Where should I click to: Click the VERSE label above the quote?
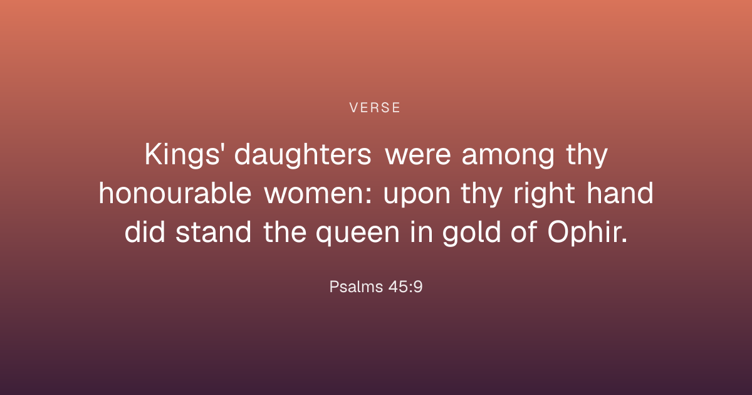pos(375,108)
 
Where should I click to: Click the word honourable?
pos(175,194)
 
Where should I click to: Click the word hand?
pos(620,193)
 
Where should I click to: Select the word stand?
pos(213,232)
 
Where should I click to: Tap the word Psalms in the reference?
pos(357,287)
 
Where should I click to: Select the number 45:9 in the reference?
pos(405,287)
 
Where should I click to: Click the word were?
pos(418,156)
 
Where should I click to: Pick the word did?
pos(145,232)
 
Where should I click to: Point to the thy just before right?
pos(481,194)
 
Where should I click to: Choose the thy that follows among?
pos(587,155)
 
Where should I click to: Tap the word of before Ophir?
pos(523,232)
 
